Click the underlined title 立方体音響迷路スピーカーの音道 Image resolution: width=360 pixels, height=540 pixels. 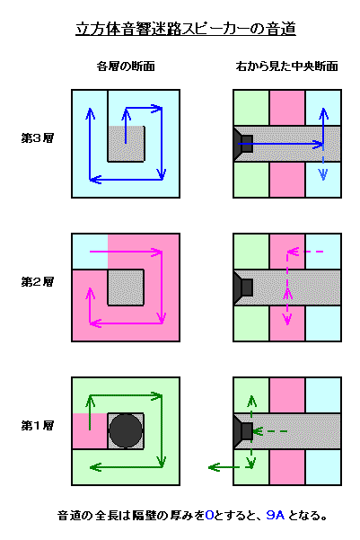tap(186, 29)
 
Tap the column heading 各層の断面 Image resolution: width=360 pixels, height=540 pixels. tap(126, 66)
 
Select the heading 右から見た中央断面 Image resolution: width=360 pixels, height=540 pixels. tap(286, 66)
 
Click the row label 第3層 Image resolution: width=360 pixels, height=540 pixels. tap(38, 138)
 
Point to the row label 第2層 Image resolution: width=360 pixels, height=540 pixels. tap(38, 282)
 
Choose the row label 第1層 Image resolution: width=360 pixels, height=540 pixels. tap(38, 426)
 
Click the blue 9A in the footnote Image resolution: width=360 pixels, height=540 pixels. tap(276, 515)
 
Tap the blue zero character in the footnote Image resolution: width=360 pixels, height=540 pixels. tap(209, 515)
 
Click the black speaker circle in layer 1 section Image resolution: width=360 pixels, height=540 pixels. tap(126, 430)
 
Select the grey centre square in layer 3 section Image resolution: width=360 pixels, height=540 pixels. tap(126, 144)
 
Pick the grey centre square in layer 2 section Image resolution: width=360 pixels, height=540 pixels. tap(126, 288)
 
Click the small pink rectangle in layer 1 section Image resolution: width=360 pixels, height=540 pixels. tap(90, 430)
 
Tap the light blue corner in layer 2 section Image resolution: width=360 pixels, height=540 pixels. tap(90, 252)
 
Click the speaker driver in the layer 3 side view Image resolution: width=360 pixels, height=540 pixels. tap(243, 144)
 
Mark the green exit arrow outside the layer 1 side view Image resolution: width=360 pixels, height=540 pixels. tap(224, 467)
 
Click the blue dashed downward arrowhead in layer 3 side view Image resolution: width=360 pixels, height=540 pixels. tap(323, 175)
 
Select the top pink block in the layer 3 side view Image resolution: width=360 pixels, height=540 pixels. tap(287, 108)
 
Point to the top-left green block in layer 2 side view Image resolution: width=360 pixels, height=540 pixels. tap(251, 252)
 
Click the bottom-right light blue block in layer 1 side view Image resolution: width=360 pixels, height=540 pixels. tap(323, 466)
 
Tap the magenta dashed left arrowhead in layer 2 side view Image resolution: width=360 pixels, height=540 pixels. tap(293, 252)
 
